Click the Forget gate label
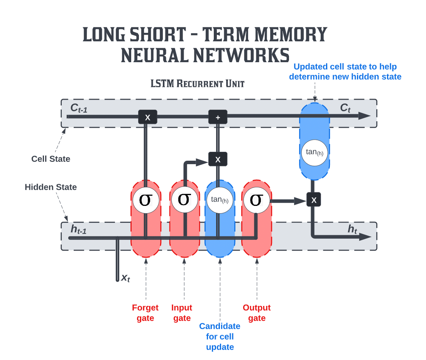(145, 313)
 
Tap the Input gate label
(182, 313)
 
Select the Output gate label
(257, 313)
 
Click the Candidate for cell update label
(220, 336)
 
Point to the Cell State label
(51, 159)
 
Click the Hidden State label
(51, 187)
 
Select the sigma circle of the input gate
(184, 199)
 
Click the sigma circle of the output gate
(256, 199)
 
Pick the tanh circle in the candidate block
(220, 200)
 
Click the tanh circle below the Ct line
(314, 152)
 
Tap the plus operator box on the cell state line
(218, 117)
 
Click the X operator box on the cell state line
(147, 117)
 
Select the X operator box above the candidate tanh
(218, 159)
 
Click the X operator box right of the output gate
(314, 200)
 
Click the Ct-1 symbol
(79, 109)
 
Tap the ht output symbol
(352, 229)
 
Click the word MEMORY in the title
(290, 35)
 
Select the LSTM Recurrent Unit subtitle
(197, 84)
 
